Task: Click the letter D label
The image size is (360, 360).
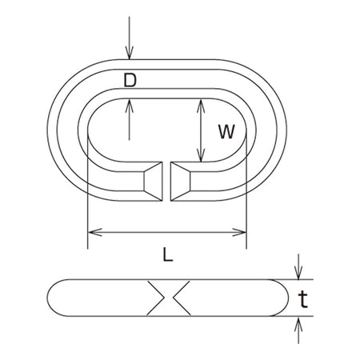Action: tap(130, 80)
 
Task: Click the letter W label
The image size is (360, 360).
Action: tap(226, 131)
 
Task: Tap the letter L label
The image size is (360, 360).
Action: tap(168, 254)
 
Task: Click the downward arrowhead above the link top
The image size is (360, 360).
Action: tap(130, 53)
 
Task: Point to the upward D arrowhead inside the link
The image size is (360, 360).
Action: tap(130, 106)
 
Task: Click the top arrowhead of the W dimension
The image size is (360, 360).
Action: tap(201, 106)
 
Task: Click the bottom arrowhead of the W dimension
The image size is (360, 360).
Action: tap(201, 155)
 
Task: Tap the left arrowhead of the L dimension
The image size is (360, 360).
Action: tap(95, 232)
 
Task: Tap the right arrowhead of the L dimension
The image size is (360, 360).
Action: tap(239, 232)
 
